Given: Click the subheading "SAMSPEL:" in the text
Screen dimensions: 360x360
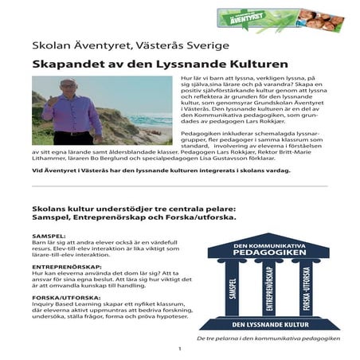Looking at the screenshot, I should coord(52,237).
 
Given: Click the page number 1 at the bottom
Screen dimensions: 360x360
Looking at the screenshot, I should coord(180,349).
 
